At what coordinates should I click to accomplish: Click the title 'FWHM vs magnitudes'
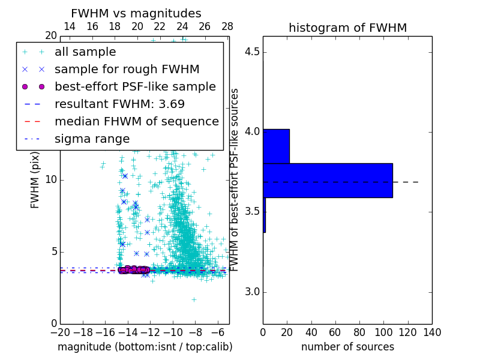coord(136,14)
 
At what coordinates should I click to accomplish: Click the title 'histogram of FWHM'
coord(347,28)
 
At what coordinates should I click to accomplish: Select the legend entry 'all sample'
coord(85,52)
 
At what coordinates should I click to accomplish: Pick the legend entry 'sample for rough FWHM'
coord(127,69)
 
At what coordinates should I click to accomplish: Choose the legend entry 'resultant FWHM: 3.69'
coord(119,104)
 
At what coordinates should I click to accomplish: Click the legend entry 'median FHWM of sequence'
coord(136,121)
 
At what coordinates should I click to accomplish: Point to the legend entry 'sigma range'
coord(92,139)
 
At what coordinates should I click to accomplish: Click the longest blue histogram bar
coord(328,180)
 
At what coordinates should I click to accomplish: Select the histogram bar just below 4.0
coord(276,146)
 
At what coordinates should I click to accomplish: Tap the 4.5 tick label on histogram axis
coord(251,52)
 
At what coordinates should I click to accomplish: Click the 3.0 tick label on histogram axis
coord(251,292)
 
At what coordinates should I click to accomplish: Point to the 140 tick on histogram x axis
coord(432,332)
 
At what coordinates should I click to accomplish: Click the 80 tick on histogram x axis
coord(359,332)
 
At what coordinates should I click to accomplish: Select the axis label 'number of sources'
coord(347,347)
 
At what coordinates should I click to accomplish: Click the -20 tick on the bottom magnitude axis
coord(60,332)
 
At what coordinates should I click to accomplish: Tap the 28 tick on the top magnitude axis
coord(227,26)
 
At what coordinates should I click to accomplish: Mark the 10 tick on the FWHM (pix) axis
coord(50,180)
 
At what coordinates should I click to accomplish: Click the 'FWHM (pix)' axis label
coord(35,180)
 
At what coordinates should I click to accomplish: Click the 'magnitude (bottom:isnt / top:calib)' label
coord(145,347)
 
